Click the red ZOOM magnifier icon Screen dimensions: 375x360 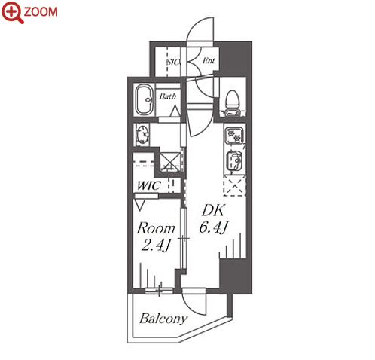(x=12, y=13)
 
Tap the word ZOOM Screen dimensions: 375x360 (x=41, y=12)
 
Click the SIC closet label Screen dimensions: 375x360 (x=174, y=62)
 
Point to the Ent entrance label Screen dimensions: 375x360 (x=209, y=60)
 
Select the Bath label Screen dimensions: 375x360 (x=168, y=96)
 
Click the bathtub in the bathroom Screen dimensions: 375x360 (x=145, y=99)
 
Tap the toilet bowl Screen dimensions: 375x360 (x=233, y=103)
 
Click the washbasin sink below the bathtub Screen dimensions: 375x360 (x=143, y=134)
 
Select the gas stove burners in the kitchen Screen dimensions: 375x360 (x=234, y=135)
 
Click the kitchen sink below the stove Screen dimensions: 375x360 (x=234, y=160)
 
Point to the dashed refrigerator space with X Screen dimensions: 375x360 (x=234, y=186)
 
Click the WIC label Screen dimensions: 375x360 (x=148, y=185)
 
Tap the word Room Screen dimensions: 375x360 (x=156, y=228)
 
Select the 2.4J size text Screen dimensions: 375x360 (x=156, y=245)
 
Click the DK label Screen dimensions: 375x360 (x=213, y=210)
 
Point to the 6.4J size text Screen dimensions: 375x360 (x=213, y=227)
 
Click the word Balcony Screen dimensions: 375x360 (x=163, y=319)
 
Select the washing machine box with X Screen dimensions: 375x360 (x=170, y=162)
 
